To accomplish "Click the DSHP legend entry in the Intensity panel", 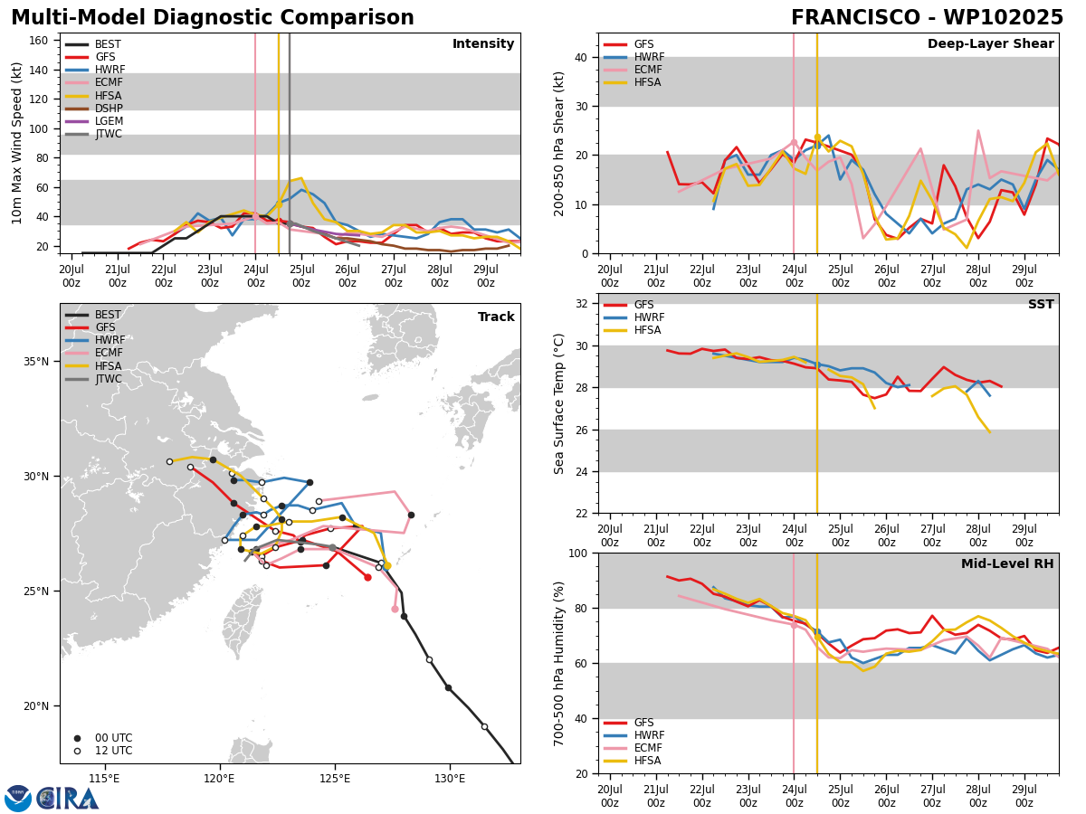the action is coord(93,109).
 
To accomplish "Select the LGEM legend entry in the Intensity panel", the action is coord(93,121).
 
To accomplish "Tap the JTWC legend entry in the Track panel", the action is coord(93,379).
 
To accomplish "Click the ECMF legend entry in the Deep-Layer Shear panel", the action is coord(633,70).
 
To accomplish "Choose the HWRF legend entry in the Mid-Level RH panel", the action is coord(633,735).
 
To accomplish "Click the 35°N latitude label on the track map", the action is coord(36,361).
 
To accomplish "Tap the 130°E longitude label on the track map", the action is coord(450,779).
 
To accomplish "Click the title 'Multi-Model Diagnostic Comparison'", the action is coord(213,18).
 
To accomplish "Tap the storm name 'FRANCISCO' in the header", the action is coord(855,18).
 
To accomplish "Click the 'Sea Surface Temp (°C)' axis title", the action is coord(558,404).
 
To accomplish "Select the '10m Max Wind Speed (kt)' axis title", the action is coord(16,143).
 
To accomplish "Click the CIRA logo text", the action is coord(68,799).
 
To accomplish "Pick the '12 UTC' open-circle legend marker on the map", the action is coord(77,752).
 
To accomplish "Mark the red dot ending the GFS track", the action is coord(367,577).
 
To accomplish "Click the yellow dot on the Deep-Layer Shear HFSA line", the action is coord(817,137).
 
